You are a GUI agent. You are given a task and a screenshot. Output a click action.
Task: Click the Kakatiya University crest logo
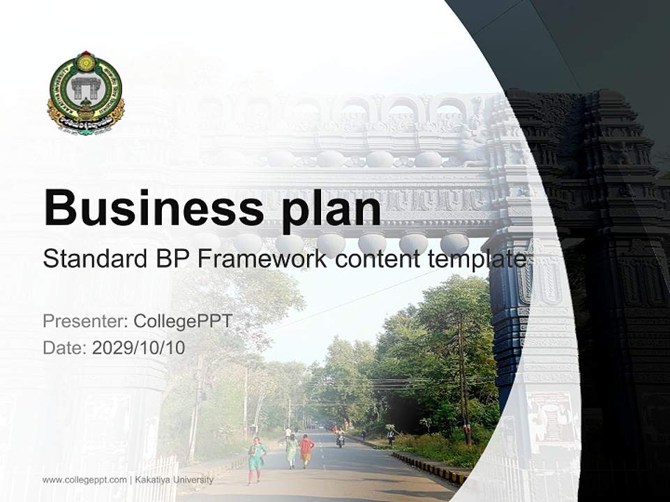pyautogui.click(x=86, y=93)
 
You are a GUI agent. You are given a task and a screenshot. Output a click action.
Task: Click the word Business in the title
pyautogui.click(x=149, y=207)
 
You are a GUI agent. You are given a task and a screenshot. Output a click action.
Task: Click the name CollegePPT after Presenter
pyautogui.click(x=183, y=321)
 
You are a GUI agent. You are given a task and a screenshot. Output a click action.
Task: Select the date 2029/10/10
pyautogui.click(x=139, y=348)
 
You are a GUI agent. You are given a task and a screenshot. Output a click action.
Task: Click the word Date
pyautogui.click(x=64, y=348)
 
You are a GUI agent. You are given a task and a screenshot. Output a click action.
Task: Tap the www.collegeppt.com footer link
pyautogui.click(x=84, y=480)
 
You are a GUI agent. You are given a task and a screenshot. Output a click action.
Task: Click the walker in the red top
pyautogui.click(x=306, y=450)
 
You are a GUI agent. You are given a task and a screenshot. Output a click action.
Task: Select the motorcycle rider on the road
pyautogui.click(x=340, y=437)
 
